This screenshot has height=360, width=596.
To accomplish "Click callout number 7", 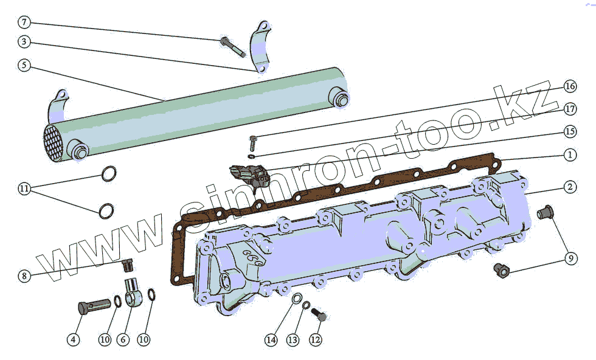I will [x=24, y=23].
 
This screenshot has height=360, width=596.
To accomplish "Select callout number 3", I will [x=24, y=43].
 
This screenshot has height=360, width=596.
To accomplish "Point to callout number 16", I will [x=569, y=86].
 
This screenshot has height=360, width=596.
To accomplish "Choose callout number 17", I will [x=569, y=109].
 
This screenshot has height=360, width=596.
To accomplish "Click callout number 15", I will [x=569, y=131].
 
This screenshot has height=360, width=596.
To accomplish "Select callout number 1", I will [x=569, y=154].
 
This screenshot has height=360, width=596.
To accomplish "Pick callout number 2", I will [x=569, y=187].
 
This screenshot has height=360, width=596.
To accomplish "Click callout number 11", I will [x=24, y=189].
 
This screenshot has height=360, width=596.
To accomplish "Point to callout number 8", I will [x=24, y=276].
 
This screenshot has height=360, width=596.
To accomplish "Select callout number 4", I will [x=73, y=340].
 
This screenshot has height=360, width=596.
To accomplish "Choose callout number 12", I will [x=315, y=340].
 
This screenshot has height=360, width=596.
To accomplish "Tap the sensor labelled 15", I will [x=249, y=174].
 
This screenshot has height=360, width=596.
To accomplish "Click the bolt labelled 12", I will [x=319, y=314].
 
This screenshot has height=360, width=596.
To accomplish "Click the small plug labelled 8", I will [x=128, y=265].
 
